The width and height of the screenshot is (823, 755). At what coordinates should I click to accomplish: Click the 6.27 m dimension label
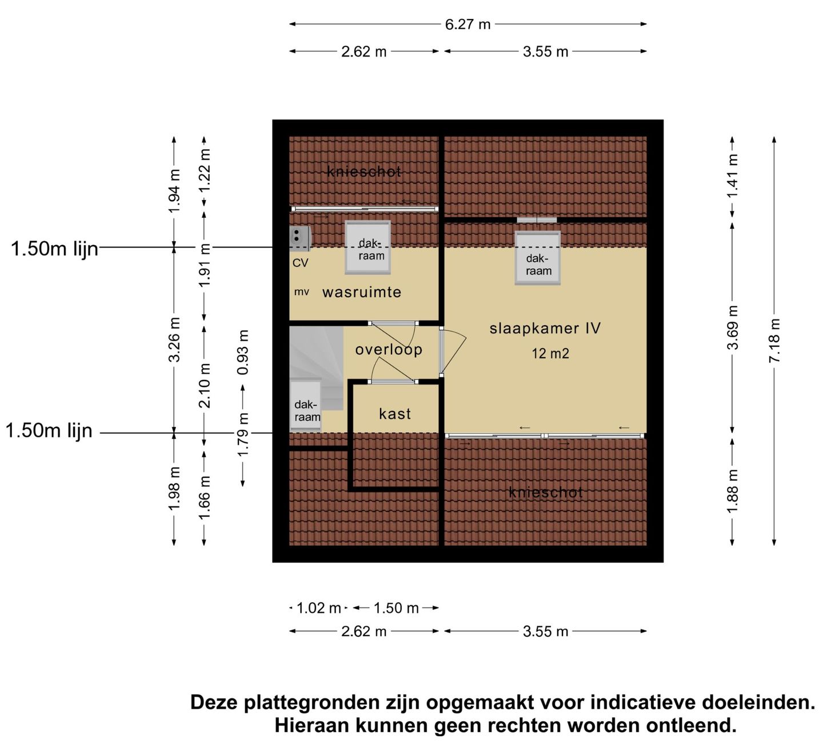pyautogui.click(x=468, y=25)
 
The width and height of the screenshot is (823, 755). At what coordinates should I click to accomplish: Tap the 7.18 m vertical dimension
pyautogui.click(x=774, y=341)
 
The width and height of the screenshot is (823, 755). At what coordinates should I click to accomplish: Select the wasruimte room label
pyautogui.click(x=362, y=293)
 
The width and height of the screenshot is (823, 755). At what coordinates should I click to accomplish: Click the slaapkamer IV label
pyautogui.click(x=545, y=328)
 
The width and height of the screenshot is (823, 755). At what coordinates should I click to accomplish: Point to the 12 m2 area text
pyautogui.click(x=550, y=354)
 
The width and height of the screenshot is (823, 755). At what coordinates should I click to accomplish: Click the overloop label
pyautogui.click(x=389, y=349)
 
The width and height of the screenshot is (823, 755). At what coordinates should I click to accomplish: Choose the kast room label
pyautogui.click(x=395, y=414)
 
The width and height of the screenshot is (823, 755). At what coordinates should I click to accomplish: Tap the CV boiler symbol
pyautogui.click(x=299, y=238)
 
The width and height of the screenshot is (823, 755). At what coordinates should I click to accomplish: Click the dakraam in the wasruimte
pyautogui.click(x=368, y=248)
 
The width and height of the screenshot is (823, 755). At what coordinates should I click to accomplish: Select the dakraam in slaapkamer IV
pyautogui.click(x=538, y=258)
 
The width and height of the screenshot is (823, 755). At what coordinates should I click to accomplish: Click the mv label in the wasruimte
pyautogui.click(x=301, y=293)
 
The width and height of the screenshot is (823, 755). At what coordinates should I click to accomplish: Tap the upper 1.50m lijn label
pyautogui.click(x=55, y=249)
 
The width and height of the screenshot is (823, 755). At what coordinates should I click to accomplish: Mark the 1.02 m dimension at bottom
pyautogui.click(x=318, y=608)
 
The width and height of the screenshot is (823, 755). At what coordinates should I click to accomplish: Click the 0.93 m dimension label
pyautogui.click(x=243, y=352)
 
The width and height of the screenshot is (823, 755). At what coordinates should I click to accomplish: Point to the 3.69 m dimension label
pyautogui.click(x=732, y=328)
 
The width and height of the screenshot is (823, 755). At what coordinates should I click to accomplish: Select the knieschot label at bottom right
pyautogui.click(x=545, y=492)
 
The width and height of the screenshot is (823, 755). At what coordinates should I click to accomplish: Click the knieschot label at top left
pyautogui.click(x=364, y=171)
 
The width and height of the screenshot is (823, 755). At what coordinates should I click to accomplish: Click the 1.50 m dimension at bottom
pyautogui.click(x=396, y=608)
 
